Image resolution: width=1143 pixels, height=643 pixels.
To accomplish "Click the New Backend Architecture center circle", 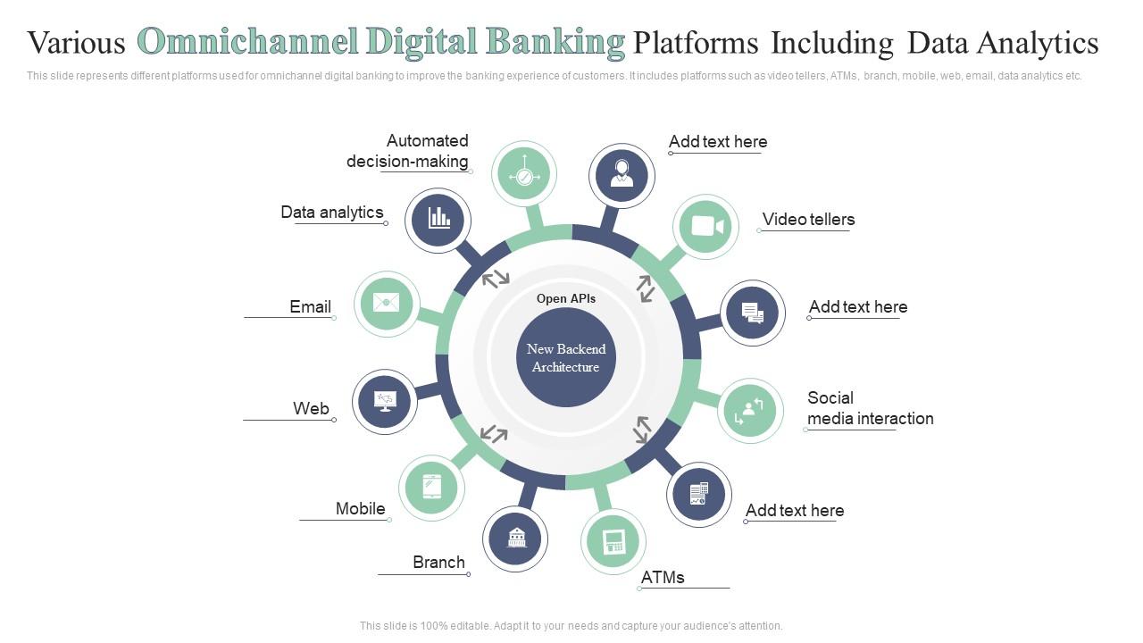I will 566,357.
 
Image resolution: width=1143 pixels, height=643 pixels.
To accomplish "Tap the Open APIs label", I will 566,299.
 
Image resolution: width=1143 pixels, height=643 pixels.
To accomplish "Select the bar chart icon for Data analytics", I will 438,220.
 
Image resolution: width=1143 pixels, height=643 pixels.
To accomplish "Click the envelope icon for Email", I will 387,304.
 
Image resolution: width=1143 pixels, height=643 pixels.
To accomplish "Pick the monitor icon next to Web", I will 385,402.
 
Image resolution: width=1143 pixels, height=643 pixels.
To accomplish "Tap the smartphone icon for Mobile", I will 431,488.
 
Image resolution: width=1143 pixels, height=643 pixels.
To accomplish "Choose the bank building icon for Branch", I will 516,539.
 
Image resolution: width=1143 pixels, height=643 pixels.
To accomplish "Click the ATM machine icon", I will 613,541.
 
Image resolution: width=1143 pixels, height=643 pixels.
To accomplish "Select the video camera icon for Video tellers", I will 705,226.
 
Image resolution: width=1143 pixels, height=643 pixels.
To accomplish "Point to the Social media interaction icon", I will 749,411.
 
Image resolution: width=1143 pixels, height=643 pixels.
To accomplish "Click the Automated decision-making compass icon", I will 524,175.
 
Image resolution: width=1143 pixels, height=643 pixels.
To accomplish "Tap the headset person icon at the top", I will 622,175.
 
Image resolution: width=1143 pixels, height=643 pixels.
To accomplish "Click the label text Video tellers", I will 808,220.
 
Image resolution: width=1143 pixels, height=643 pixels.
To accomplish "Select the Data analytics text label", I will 332,213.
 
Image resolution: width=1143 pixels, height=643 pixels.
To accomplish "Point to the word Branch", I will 438,563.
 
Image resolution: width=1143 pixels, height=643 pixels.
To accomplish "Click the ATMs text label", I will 663,578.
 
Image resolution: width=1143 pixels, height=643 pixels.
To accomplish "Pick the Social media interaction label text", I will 870,408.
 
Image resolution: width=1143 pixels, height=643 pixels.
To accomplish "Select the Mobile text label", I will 360,509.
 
